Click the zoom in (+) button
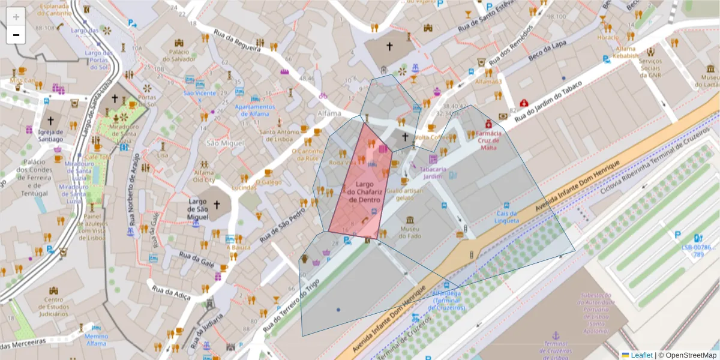tap(16, 17)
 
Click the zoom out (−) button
tap(16, 35)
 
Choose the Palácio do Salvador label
tap(179, 55)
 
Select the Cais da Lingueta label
tap(506, 217)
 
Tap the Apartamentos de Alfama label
tap(255, 110)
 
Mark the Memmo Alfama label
tap(95, 340)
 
